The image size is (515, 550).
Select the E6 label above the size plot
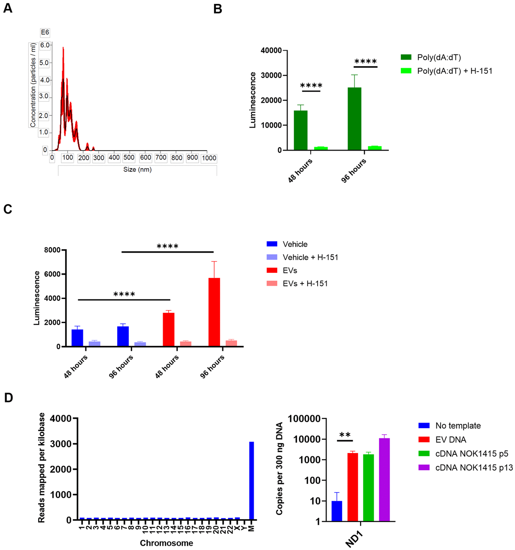(45, 32)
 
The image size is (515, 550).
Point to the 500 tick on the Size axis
(129, 158)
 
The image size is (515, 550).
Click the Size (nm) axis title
(137, 169)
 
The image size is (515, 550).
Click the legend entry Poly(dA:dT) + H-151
(454, 71)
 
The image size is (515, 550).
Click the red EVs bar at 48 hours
(169, 329)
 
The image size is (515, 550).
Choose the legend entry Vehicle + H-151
(310, 257)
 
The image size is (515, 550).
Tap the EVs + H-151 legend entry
(305, 284)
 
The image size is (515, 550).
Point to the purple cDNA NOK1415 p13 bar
(384, 480)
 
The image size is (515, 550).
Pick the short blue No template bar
(337, 511)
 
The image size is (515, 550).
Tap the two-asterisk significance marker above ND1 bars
(345, 435)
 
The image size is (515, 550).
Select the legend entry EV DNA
(450, 439)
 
